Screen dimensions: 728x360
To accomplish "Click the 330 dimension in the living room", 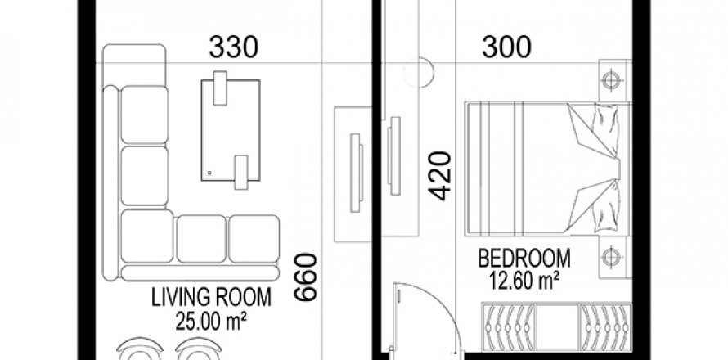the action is coord(234,47).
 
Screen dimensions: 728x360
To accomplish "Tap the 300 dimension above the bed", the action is coord(506,47).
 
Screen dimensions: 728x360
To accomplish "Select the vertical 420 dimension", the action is coord(440,176).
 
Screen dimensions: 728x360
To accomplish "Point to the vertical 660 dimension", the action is coord(306,277).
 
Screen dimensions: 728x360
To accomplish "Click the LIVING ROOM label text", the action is coord(211,297).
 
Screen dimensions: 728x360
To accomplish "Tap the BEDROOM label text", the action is coord(524,259).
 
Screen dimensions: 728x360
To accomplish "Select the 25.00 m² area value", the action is coord(211,321).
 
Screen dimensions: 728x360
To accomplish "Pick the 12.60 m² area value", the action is coord(524,281).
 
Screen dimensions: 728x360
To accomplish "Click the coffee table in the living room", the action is coord(231,130).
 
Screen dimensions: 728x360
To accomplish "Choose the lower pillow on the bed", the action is coord(605,206).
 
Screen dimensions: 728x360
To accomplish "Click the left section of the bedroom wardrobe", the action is coord(509,327).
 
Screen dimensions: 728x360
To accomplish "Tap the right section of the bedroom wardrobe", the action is coord(605,327).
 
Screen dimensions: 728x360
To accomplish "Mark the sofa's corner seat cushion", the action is coord(146,236).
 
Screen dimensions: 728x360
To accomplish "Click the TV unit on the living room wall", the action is coord(353,174).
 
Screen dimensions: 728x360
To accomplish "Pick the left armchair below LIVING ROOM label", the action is coord(140,349).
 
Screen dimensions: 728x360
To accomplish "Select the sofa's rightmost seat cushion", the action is coord(254,238).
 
